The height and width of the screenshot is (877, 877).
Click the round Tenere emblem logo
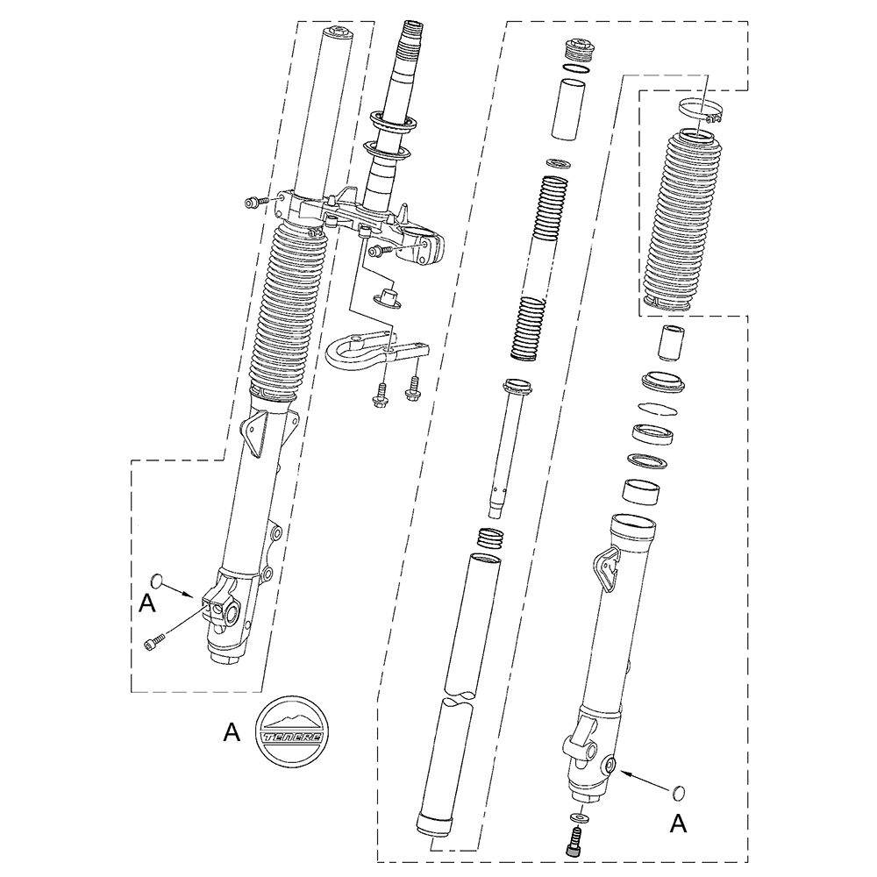click(x=292, y=731)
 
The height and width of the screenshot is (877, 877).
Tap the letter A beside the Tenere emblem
click(x=232, y=732)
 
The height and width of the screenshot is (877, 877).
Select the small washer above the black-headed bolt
click(x=577, y=818)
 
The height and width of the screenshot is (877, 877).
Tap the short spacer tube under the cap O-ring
click(x=568, y=109)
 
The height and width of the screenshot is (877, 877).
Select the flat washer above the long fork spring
click(x=558, y=163)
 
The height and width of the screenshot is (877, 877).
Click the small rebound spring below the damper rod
click(x=489, y=538)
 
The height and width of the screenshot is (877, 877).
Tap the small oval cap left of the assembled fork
click(x=156, y=580)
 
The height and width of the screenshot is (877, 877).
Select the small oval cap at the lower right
click(x=679, y=792)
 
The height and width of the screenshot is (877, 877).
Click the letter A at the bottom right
click(x=678, y=824)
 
